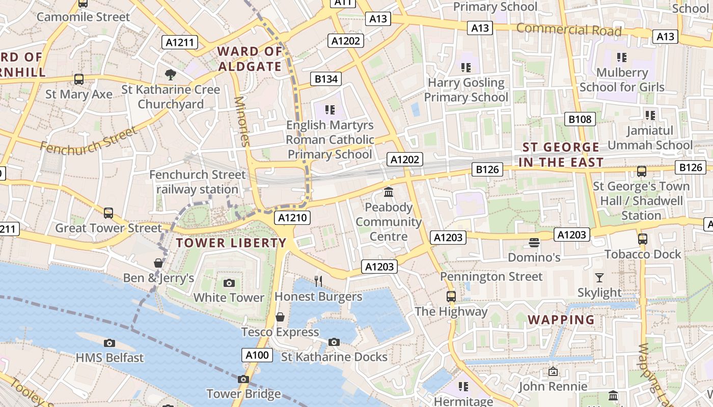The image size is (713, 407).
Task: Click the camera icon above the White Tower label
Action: (229, 283)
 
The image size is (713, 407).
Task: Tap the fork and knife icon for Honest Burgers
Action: (318, 281)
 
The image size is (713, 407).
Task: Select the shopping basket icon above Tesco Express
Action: (280, 317)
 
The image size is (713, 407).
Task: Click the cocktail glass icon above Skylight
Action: (599, 278)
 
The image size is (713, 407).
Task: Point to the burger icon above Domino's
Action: (534, 242)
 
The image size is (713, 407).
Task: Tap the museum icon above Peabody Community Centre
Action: (389, 192)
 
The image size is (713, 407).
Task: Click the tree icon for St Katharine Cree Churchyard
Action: (171, 75)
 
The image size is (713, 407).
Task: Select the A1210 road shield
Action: (292, 218)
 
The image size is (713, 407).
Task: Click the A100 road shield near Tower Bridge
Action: (257, 355)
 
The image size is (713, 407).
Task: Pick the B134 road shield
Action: (326, 79)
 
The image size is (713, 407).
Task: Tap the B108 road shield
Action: (580, 120)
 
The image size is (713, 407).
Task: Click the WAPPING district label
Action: (561, 320)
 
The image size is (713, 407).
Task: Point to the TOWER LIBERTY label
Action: (231, 243)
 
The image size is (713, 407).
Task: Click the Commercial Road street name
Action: (569, 30)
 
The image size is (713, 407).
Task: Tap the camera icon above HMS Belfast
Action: (109, 343)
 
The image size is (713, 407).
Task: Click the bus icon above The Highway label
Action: (451, 296)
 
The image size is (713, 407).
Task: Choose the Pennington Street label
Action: (491, 277)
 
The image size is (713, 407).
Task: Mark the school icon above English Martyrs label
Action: (330, 109)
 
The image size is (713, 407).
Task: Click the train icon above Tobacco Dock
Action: (642, 239)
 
